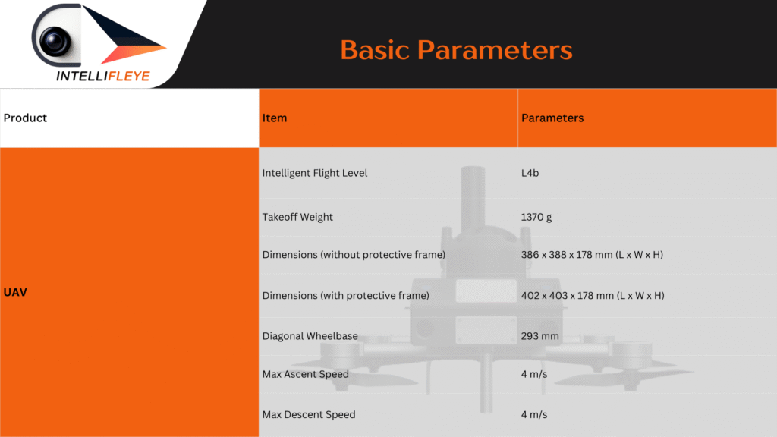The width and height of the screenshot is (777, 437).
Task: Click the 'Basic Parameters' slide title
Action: pos(456,50)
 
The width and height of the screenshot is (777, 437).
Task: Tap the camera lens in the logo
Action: pos(55,41)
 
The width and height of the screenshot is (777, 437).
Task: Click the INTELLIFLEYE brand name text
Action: pos(102,76)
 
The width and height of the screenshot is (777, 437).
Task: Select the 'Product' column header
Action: pos(25,118)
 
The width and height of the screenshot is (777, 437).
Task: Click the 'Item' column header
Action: pos(275,118)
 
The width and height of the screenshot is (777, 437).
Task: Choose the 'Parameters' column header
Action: pos(552,118)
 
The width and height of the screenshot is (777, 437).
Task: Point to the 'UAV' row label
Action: pos(15,292)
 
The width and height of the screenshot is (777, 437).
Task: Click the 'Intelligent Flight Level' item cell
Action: pos(315,173)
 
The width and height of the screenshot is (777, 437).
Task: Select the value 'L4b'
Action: pos(530,173)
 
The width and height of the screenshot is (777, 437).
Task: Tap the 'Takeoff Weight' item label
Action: pos(297,217)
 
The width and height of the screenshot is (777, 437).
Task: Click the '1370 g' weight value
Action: pos(536,217)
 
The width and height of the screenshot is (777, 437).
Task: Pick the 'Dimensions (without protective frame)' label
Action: pos(354,255)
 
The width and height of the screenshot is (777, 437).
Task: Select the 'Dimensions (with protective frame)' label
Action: pos(346,296)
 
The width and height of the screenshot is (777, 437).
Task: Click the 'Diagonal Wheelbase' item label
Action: pos(310,336)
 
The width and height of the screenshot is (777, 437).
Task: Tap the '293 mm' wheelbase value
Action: pos(539,336)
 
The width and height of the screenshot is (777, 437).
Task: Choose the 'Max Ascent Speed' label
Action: pos(306,374)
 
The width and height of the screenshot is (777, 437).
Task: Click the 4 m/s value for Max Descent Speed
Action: pos(534,415)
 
